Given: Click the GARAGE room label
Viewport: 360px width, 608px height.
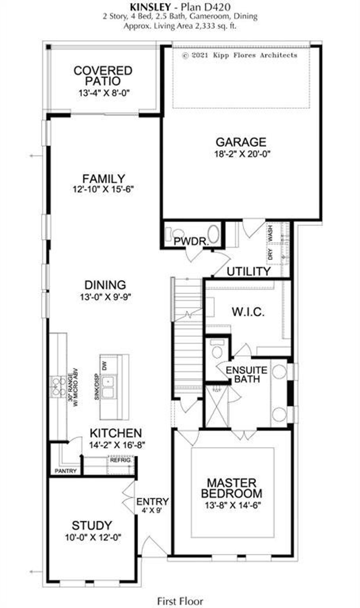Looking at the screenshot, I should tap(241, 142).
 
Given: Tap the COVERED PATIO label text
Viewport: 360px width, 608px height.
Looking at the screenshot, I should tap(103, 76).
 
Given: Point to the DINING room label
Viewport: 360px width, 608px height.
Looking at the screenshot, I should tap(105, 285).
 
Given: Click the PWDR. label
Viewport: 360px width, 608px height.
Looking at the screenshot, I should tap(191, 241).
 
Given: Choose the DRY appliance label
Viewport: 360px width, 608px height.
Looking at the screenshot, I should tap(271, 254).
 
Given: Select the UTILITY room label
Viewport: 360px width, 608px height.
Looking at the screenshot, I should tap(249, 272).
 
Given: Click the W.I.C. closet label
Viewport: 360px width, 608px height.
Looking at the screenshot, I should tap(248, 312).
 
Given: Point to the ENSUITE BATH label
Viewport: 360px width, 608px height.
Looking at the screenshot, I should tap(247, 374).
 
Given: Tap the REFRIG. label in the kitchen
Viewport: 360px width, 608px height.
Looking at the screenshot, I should tap(120, 461).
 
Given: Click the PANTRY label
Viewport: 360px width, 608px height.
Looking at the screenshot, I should tap(66, 471).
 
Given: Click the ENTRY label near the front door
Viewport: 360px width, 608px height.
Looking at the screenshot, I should tap(152, 502).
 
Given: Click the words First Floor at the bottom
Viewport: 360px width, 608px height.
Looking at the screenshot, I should tap(180, 602).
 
